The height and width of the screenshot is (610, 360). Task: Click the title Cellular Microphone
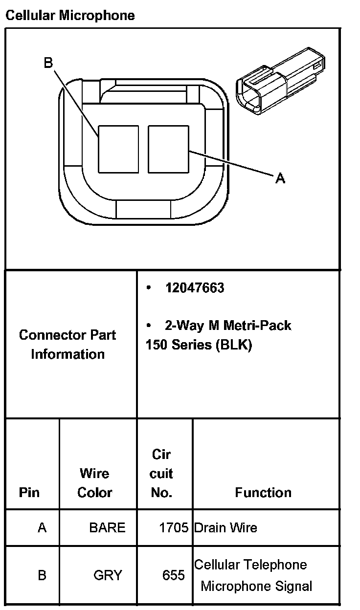70,15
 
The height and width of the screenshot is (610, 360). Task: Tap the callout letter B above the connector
48,63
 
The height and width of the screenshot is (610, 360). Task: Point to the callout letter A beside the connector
280,178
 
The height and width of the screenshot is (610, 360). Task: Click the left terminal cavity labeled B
118,149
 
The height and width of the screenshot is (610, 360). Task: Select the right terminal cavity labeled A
168,149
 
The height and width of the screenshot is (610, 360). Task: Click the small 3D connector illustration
280,81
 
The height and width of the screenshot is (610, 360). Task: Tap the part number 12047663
195,288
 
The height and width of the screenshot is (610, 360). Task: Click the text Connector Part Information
67,345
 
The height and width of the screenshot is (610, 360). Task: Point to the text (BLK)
234,345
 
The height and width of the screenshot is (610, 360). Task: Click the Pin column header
29,492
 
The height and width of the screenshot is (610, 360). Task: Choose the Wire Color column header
94,483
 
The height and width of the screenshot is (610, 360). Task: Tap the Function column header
263,492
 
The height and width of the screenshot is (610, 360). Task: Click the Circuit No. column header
161,473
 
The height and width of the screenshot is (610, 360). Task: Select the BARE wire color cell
108,527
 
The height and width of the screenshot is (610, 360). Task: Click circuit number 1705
174,527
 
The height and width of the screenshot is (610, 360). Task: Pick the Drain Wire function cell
225,527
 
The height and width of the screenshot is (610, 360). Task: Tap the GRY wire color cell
108,575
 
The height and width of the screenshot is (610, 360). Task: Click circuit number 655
174,575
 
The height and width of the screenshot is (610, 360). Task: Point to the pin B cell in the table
42,575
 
